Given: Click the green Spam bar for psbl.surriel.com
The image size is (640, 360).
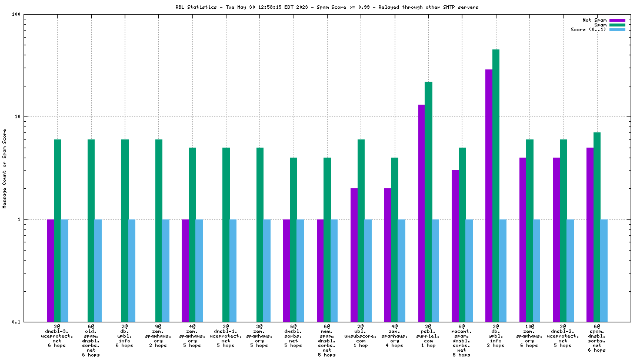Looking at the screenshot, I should [x=428, y=202].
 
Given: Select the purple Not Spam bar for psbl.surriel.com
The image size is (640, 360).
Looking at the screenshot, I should [x=421, y=213].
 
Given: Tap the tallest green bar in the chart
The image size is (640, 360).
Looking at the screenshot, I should [x=496, y=185].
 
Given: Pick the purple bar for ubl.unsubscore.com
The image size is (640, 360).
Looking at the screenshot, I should [x=354, y=255].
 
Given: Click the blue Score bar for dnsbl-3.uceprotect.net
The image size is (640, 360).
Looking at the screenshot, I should [x=65, y=271].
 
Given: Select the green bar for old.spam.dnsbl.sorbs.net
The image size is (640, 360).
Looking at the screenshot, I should [x=91, y=231].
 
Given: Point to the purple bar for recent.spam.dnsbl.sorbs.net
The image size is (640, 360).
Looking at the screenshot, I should [x=455, y=246].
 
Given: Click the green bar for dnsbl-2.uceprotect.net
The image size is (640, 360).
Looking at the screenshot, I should [x=564, y=231].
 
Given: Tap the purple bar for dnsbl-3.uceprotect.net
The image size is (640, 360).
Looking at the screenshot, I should [x=51, y=271].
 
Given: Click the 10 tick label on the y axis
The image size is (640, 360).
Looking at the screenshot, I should [x=18, y=116].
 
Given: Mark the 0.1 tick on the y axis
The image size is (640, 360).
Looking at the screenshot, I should [x=16, y=322].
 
